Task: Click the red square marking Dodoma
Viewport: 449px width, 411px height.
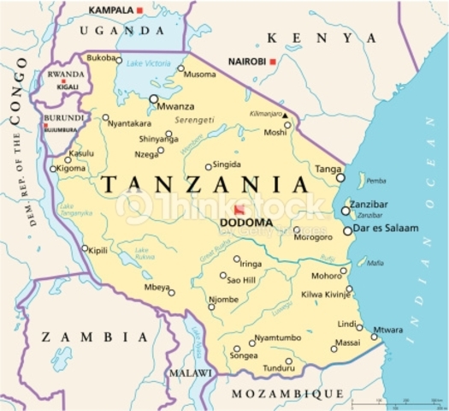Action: coord(238,210)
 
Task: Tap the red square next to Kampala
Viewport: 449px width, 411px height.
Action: coord(139,9)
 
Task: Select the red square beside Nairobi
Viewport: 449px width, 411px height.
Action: coord(272,62)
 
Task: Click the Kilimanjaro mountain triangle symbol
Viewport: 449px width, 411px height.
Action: coord(287,114)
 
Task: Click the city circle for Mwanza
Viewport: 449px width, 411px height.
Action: coord(154,98)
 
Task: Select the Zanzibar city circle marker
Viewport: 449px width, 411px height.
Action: coord(345,211)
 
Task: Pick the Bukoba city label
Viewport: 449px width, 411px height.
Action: coord(105,57)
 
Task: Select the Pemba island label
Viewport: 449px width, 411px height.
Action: coord(376,181)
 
